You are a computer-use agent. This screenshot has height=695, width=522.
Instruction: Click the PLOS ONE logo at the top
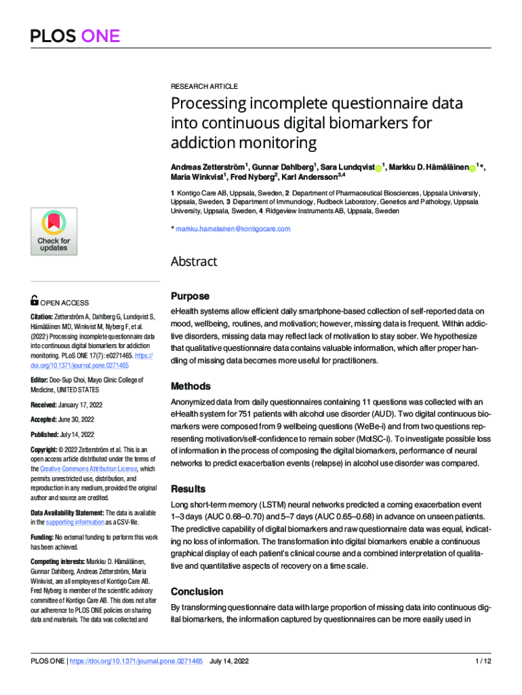(x=75, y=36)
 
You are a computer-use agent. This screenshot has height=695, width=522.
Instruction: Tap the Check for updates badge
(x=54, y=231)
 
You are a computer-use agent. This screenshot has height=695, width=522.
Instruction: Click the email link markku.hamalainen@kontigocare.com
(x=233, y=229)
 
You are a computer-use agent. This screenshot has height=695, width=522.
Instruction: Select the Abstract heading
(x=193, y=261)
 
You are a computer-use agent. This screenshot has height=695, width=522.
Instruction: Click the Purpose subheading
(x=190, y=297)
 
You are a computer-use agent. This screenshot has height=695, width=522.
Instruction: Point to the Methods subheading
(x=190, y=386)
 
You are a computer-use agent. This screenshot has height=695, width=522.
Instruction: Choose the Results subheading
(x=188, y=489)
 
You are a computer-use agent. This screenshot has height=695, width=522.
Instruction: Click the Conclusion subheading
(x=197, y=591)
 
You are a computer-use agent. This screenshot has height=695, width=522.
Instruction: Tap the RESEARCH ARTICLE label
(x=204, y=86)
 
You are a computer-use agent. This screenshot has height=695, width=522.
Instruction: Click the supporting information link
(x=75, y=522)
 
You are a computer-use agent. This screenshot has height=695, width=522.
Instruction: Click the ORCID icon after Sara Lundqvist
(x=378, y=167)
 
